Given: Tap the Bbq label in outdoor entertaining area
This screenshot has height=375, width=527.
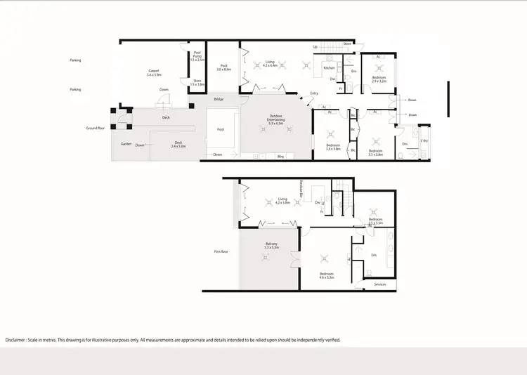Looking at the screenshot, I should (x=280, y=156).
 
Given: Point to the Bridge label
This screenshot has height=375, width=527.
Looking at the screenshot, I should (x=219, y=100).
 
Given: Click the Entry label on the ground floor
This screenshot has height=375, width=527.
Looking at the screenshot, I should (x=304, y=94).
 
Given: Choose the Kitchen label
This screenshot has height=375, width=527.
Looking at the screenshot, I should (x=329, y=68).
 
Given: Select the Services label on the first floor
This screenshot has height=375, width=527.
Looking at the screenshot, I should (x=379, y=284).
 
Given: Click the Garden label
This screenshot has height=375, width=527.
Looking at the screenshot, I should (x=126, y=143).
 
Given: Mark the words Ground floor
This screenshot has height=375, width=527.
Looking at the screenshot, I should (x=96, y=129).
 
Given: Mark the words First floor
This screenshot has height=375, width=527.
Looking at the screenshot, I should (x=223, y=251).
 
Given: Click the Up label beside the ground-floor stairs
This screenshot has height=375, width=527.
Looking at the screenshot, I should (x=315, y=47).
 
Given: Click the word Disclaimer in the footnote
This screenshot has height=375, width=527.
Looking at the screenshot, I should (x=19, y=340).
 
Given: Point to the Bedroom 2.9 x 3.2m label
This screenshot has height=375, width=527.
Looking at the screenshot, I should (x=379, y=79).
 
